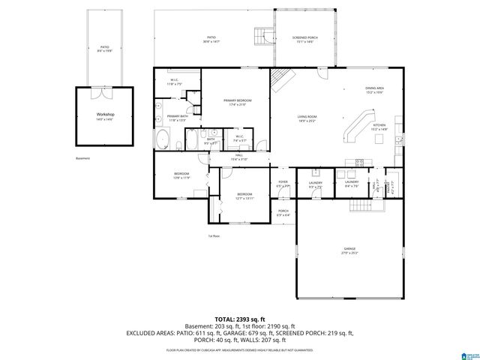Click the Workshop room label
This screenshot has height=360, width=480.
104,115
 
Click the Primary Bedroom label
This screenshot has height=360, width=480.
235,102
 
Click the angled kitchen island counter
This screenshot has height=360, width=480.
357,125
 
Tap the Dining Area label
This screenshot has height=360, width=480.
375,89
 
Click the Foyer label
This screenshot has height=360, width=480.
283,183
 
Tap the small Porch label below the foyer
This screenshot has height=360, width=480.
283,212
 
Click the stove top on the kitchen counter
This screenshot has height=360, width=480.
358,162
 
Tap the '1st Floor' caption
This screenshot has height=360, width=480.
214,236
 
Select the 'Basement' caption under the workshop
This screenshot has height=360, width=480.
82,158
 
